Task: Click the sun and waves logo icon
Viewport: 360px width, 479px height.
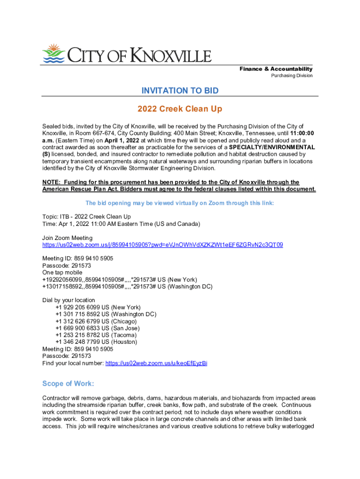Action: pyautogui.click(x=53, y=53)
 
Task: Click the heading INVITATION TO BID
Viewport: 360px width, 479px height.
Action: pyautogui.click(x=180, y=90)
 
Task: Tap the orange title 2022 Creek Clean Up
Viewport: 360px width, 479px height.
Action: pyautogui.click(x=180, y=109)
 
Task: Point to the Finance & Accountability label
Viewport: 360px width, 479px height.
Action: pyautogui.click(x=276, y=69)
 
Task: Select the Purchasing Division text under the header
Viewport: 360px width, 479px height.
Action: pyautogui.click(x=292, y=76)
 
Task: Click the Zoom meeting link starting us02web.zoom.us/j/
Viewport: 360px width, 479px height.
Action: pyautogui.click(x=162, y=245)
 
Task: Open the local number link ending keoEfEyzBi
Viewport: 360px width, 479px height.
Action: pyautogui.click(x=156, y=363)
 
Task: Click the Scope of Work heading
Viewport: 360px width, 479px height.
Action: pyautogui.click(x=68, y=384)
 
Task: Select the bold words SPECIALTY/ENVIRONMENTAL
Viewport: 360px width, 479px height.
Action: pyautogui.click(x=278, y=147)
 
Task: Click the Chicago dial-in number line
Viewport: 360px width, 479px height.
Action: pyautogui.click(x=96, y=321)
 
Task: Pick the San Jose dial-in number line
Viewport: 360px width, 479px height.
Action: pyautogui.click(x=97, y=328)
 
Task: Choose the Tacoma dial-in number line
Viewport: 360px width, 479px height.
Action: pyautogui.click(x=96, y=335)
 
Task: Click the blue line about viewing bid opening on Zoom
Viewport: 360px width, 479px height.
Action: pyautogui.click(x=180, y=203)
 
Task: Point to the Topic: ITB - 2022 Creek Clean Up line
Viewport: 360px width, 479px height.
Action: pyautogui.click(x=86, y=217)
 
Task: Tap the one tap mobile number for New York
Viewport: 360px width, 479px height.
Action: pyautogui.click(x=120, y=280)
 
